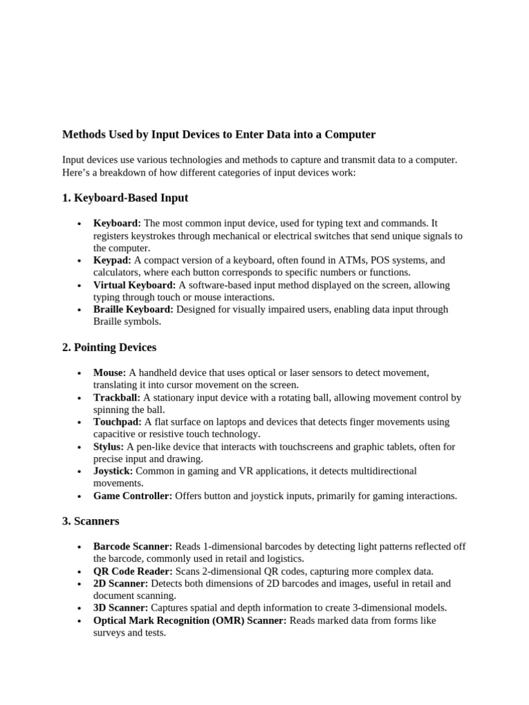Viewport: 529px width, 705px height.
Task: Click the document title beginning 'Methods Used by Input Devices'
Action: coord(218,134)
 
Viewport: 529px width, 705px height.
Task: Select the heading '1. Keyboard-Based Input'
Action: coord(125,198)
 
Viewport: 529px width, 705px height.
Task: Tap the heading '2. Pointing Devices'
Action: coord(109,347)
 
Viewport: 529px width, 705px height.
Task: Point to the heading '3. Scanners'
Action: coord(90,521)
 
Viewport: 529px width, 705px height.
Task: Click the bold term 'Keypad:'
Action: coord(112,260)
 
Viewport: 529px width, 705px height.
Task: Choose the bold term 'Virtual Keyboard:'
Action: coord(134,285)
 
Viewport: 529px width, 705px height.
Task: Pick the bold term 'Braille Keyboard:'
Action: coord(134,310)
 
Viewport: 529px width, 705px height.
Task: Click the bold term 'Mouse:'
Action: coord(110,372)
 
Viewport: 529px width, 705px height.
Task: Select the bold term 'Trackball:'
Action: coord(116,397)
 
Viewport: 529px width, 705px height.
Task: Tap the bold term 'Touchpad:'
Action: coord(117,421)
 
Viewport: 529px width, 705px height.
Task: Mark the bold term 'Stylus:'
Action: coord(108,447)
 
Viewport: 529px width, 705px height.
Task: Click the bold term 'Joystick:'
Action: coord(113,471)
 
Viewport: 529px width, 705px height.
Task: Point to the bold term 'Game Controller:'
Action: coord(133,496)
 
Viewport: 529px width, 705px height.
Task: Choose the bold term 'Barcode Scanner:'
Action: coord(133,547)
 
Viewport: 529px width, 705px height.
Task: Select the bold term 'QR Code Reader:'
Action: coord(133,571)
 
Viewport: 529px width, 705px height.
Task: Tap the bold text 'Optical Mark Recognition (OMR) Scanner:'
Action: coord(190,620)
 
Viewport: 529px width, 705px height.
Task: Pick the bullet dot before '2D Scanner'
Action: coord(79,584)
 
